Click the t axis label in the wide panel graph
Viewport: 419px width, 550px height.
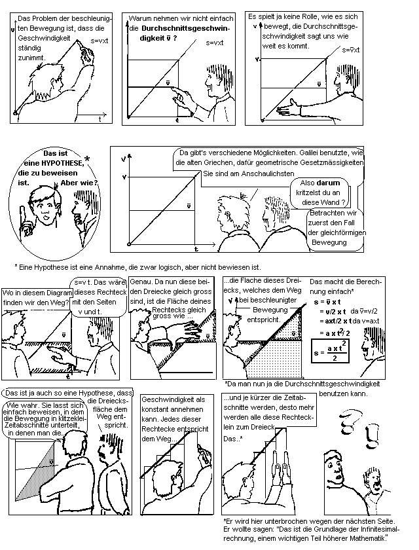pyautogui.click(x=196, y=249)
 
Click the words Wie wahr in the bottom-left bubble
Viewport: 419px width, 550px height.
pyautogui.click(x=20, y=405)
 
